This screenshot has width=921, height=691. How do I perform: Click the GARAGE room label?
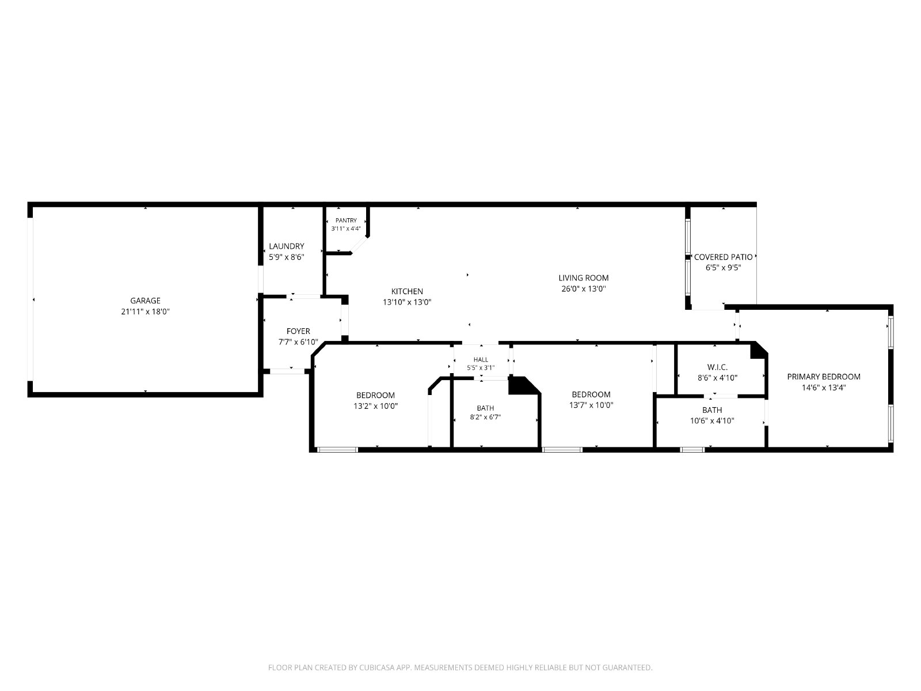145,301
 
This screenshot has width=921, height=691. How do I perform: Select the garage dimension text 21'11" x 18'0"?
145,312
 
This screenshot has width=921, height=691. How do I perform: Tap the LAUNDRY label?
287,246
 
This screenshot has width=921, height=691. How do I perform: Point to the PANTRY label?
346,221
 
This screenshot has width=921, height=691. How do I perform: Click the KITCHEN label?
407,291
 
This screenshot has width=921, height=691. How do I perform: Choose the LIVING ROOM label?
583,278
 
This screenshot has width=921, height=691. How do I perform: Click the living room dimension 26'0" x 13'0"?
583,288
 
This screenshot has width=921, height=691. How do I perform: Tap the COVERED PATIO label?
724,257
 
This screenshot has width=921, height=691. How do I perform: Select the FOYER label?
298,331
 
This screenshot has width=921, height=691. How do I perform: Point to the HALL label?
481,359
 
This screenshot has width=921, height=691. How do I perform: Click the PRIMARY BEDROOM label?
824,377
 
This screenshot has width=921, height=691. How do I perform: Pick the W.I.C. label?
717,367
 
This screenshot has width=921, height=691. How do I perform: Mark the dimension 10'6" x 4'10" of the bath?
712,421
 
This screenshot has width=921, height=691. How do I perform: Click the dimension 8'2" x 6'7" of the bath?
485,417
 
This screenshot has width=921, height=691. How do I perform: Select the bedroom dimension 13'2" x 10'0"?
375,406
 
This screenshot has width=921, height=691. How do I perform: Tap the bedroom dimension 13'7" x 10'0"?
591,405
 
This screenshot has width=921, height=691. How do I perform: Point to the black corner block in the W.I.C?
758,351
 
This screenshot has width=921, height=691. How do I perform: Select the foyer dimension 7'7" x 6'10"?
298,342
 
